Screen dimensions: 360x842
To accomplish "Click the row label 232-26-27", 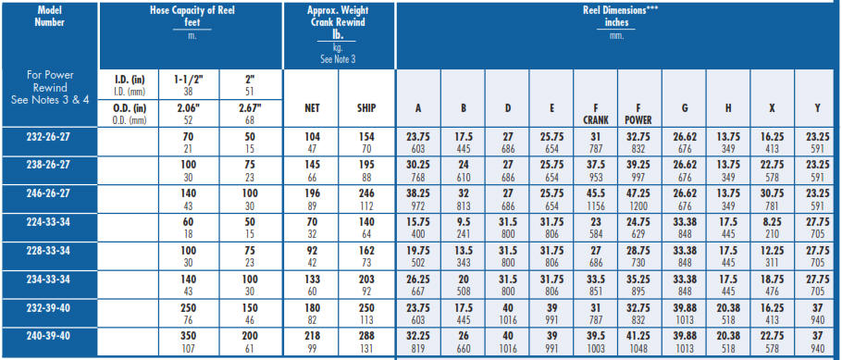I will click(x=49, y=135).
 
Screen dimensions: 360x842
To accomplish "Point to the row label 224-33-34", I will click(x=49, y=223).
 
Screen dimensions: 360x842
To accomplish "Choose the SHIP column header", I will click(x=365, y=106).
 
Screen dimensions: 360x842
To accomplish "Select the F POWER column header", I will click(x=638, y=112).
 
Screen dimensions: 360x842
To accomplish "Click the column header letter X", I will click(x=773, y=106).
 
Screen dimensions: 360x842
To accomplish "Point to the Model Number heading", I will click(x=49, y=17).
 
